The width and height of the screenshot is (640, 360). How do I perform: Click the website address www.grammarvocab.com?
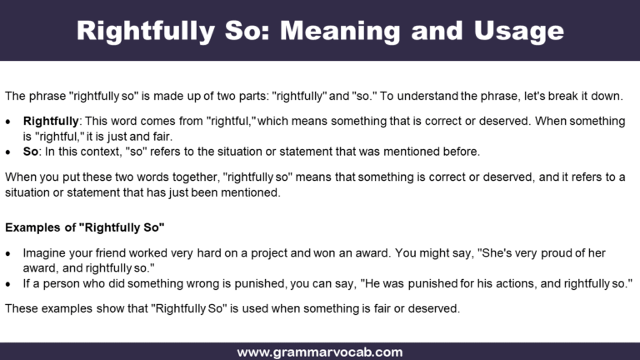click(320, 352)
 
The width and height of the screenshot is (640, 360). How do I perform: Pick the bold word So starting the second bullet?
click(31, 152)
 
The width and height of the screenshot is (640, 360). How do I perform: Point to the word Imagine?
click(46, 252)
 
